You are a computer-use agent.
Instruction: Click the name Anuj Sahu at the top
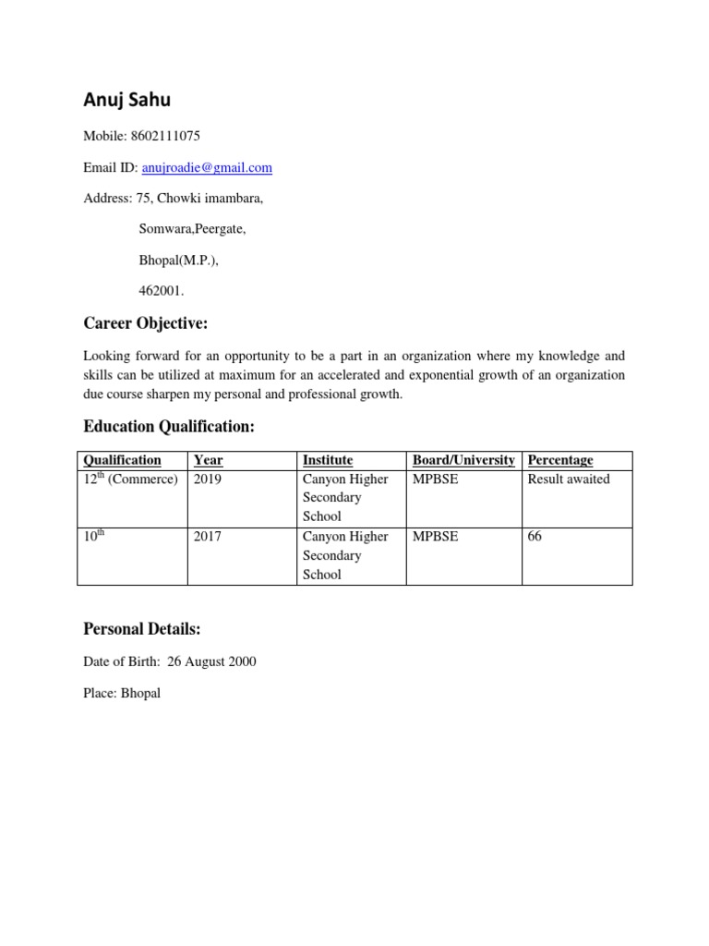point(126,99)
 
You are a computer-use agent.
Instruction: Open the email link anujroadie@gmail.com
point(207,167)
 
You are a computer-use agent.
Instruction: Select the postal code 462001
point(161,291)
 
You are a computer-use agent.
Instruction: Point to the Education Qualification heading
point(168,426)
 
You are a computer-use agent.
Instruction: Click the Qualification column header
point(122,460)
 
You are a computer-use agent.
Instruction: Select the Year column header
point(209,460)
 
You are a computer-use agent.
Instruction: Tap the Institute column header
point(328,460)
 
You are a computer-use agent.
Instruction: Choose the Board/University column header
point(463,460)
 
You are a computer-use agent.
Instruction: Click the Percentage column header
point(560,460)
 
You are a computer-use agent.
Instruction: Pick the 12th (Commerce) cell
point(130,479)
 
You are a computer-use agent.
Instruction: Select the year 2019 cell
point(208,479)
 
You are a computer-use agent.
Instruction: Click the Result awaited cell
point(569,479)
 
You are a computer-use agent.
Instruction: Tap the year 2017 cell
point(208,537)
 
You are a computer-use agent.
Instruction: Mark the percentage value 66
point(535,537)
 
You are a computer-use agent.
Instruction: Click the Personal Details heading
point(142,629)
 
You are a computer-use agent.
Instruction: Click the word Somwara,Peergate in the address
point(192,228)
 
